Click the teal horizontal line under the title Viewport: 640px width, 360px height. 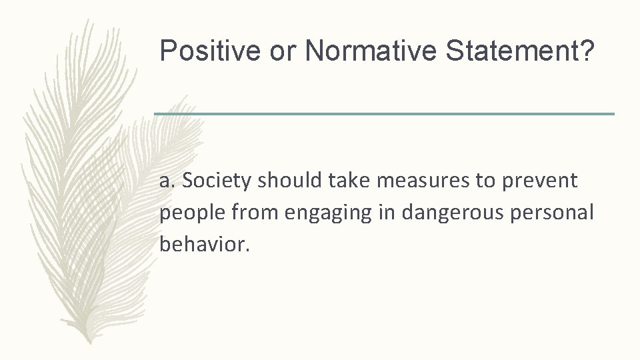[384, 114]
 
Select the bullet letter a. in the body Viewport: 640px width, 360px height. [168, 180]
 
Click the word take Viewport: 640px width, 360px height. [344, 180]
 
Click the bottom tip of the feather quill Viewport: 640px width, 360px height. [86, 341]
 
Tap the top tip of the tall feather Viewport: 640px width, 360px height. [87, 20]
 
